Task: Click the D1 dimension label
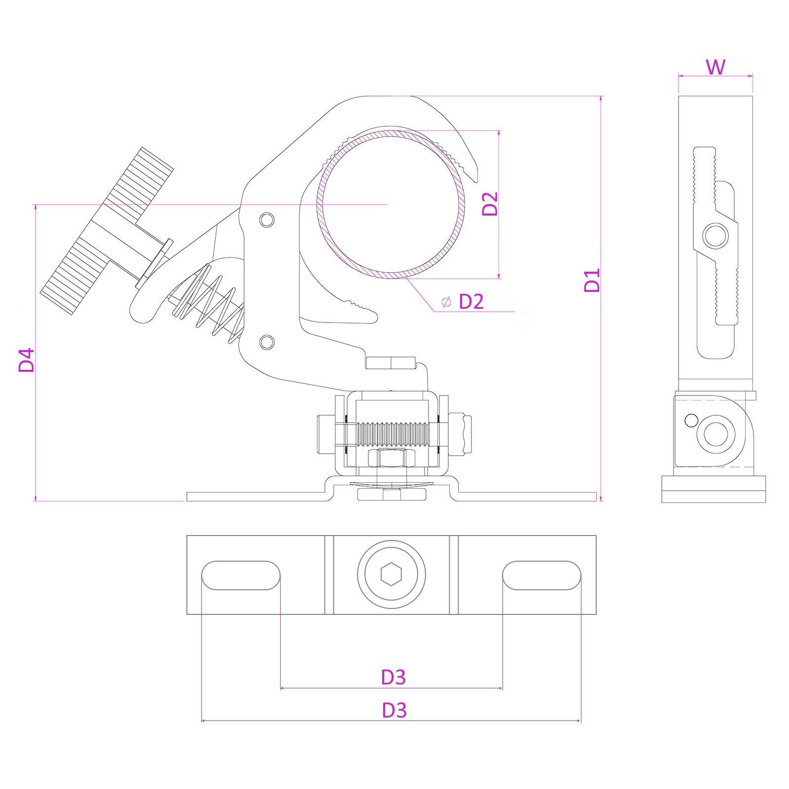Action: click(x=592, y=280)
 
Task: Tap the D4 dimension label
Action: click(x=26, y=359)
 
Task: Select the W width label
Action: click(x=716, y=67)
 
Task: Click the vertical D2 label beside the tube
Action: click(x=490, y=204)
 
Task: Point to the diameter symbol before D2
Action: click(x=446, y=302)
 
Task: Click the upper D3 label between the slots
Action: click(x=394, y=678)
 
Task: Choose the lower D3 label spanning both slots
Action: click(x=394, y=710)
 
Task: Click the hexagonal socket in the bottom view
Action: click(x=391, y=574)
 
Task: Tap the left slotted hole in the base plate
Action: click(x=241, y=575)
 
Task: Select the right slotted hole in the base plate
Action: click(x=541, y=575)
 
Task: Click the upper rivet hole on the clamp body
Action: click(x=267, y=219)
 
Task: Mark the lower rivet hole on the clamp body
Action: click(x=267, y=342)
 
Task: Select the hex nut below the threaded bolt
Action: click(x=392, y=458)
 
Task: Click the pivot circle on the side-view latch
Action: click(x=715, y=236)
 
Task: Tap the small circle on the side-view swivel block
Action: click(x=691, y=421)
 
